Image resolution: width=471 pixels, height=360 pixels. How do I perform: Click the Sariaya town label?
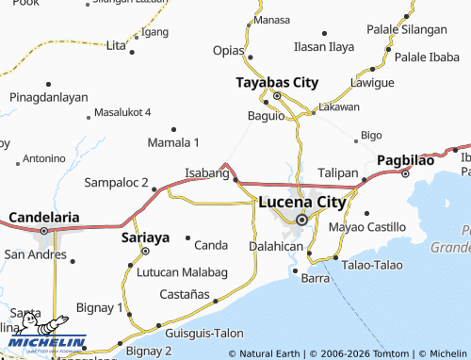tap(146, 238)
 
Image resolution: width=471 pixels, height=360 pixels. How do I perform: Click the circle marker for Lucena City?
tap(301, 220)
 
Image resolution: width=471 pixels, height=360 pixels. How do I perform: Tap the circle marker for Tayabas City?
tap(277, 96)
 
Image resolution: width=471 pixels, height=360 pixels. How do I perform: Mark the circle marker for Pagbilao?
tap(405, 173)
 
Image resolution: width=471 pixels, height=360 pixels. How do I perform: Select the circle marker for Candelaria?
tap(43, 230)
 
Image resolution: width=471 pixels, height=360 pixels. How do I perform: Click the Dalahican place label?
tap(275, 246)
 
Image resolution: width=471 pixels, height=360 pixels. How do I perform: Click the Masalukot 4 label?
tap(122, 112)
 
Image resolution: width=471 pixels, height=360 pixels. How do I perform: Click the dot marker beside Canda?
tap(187, 237)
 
